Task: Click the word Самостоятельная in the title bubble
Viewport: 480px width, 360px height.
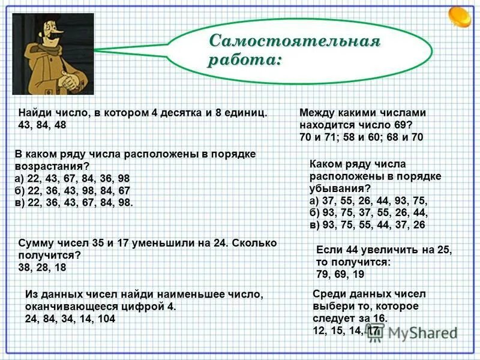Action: point(295,41)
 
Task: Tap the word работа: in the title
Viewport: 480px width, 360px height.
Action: point(245,61)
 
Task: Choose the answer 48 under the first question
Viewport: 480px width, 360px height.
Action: point(59,125)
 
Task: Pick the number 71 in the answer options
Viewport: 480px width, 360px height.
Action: point(334,137)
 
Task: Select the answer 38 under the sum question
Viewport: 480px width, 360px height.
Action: point(26,268)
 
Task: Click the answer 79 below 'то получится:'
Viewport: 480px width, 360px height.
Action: point(323,274)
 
